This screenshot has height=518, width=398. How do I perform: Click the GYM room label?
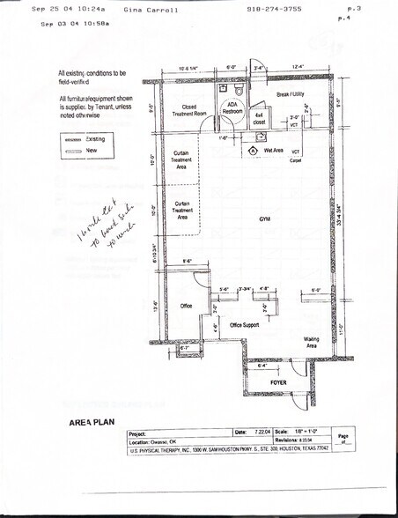[264, 218]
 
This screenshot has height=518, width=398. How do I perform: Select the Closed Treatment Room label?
[188, 110]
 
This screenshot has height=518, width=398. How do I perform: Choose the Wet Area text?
[273, 151]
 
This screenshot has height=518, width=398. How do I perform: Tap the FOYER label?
[279, 384]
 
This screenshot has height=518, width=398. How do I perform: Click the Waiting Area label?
[311, 342]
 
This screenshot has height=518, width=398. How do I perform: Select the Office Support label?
[244, 325]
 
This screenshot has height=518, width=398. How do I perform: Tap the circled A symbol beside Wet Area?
[254, 151]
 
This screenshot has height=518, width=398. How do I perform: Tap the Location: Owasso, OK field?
[157, 441]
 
